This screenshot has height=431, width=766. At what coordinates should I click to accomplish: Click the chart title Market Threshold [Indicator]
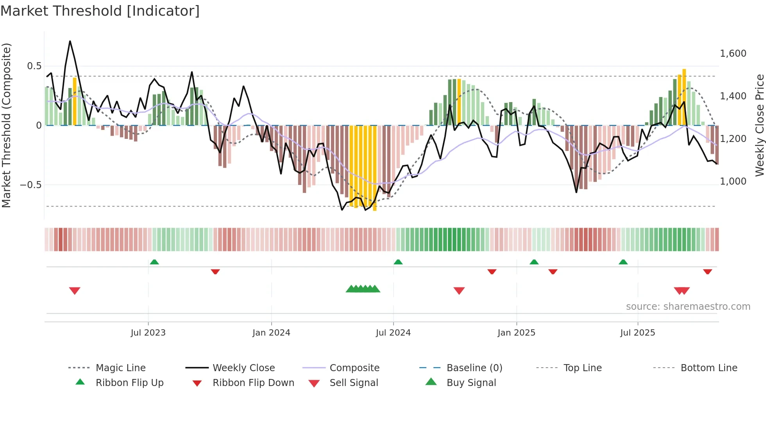100,11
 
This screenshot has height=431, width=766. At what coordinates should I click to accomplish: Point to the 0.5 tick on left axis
34,66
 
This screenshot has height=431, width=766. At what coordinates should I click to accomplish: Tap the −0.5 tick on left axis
31,185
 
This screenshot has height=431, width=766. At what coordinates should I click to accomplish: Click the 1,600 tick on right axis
733,54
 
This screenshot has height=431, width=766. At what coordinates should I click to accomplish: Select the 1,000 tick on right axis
733,181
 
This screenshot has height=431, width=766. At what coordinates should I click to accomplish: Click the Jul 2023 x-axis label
148,333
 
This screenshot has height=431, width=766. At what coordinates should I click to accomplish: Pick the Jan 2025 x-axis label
516,333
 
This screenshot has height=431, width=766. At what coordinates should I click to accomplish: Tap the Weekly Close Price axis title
759,125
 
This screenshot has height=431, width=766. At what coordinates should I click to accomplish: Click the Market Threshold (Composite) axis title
6,125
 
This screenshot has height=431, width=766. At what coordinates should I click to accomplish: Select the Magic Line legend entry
120,368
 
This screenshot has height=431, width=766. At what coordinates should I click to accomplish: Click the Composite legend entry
354,368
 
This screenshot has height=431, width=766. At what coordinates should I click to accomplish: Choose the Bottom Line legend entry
709,368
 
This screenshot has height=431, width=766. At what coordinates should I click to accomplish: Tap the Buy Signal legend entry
471,383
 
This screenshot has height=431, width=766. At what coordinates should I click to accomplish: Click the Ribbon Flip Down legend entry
253,383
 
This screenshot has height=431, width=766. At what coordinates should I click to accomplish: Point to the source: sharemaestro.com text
688,307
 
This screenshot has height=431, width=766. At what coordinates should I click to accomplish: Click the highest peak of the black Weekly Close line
70,41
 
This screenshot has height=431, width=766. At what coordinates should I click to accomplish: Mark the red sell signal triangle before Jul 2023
75,291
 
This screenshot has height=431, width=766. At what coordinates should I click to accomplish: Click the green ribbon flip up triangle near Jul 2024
398,262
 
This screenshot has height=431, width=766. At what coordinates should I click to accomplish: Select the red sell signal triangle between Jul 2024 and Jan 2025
459,291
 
